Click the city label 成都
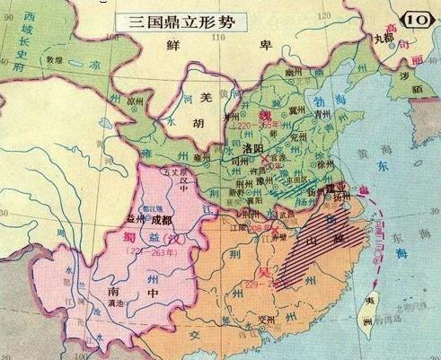[x=161, y=217]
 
